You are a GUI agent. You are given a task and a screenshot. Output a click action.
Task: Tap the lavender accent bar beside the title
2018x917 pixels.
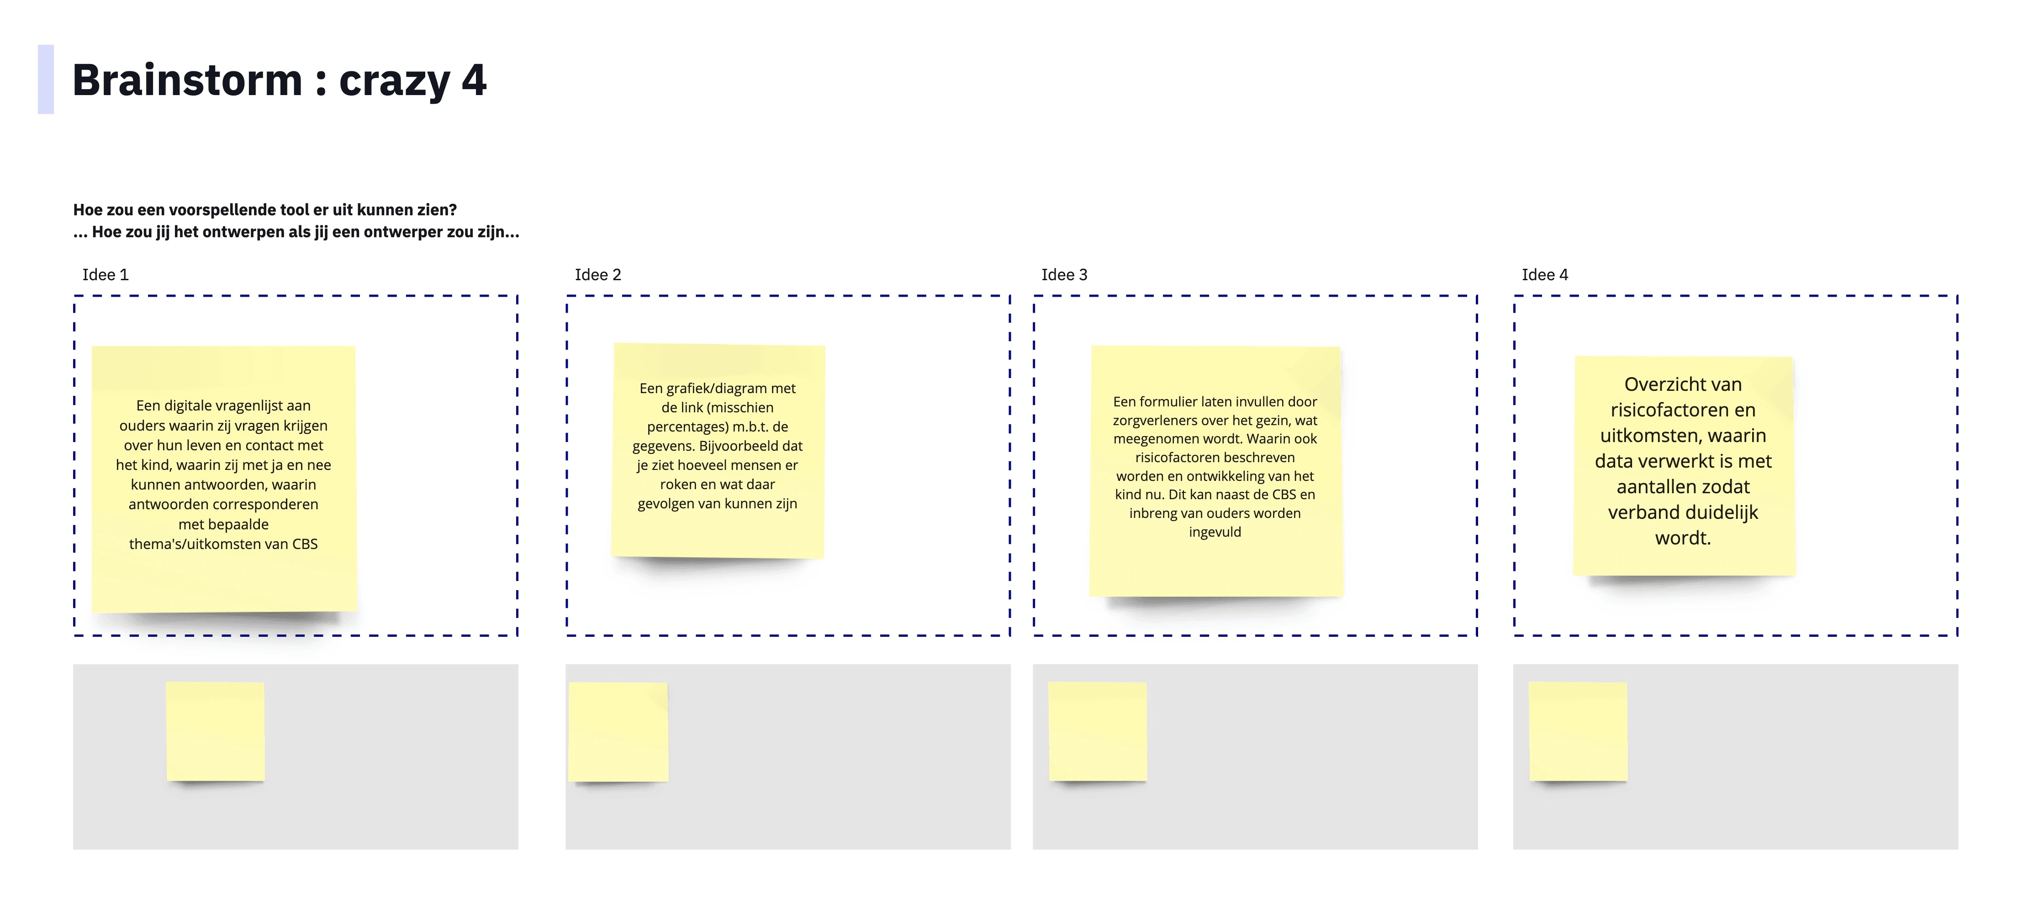(45, 79)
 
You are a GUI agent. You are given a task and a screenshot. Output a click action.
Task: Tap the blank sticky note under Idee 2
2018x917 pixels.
(618, 731)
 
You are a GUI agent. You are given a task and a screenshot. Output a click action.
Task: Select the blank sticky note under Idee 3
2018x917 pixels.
(1098, 731)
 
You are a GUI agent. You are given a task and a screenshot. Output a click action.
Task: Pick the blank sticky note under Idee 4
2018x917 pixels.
(1578, 731)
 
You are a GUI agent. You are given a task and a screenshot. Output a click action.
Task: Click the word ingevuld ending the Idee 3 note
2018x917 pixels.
(1215, 532)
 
